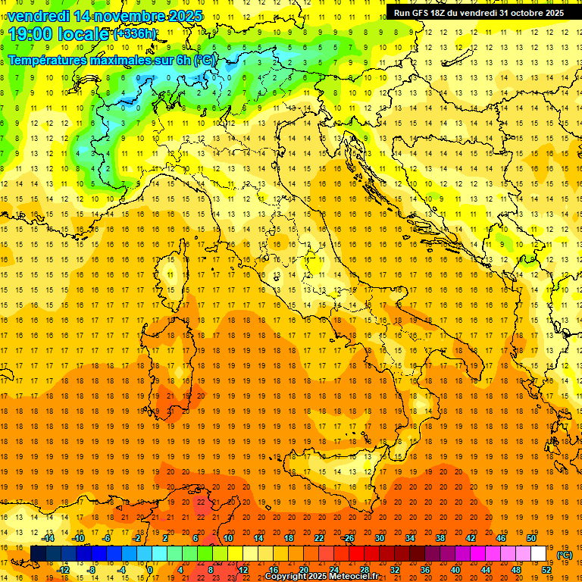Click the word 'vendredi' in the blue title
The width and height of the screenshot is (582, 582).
coord(39,16)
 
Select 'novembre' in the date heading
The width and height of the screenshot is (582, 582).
coord(130,16)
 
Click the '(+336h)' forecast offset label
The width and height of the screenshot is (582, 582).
coord(135,34)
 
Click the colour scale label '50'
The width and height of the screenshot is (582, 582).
coord(531,538)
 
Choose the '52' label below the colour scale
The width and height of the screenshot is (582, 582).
coord(546,570)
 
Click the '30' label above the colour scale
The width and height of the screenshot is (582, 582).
coord(379,538)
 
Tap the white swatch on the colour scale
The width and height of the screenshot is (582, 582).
coord(539,554)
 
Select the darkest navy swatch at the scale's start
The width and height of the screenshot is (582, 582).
coord(38,554)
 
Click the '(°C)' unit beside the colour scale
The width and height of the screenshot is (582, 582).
coord(564,554)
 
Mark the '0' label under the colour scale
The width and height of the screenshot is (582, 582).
coord(150,570)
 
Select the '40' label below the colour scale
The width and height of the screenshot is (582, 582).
coord(455,570)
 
